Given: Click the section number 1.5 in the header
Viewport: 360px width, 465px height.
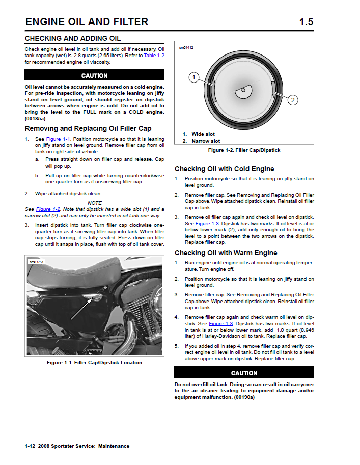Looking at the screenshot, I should pos(306,22).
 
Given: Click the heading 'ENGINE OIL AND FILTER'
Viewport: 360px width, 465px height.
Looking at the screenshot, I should pos(87,22).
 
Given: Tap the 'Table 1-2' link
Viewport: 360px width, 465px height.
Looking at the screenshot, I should pos(154,55).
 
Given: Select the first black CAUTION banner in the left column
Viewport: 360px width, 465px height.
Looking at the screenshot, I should pos(95,75).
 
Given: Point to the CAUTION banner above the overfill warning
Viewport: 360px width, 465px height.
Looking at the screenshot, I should pos(244,373).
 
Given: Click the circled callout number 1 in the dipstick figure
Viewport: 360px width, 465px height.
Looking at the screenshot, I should pos(193,77).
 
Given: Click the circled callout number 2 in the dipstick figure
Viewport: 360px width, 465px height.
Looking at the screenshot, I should pos(293,100).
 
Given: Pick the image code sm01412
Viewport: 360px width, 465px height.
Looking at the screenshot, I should pos(186,48).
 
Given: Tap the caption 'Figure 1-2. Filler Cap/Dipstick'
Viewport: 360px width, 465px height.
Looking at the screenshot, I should pos(244,150).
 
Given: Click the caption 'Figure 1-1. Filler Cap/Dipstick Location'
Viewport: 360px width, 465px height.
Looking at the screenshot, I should pos(94,363).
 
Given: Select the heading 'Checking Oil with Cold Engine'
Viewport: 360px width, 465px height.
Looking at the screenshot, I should pos(224,169).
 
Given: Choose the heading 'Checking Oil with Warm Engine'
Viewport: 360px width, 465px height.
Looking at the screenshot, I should pos(226,253).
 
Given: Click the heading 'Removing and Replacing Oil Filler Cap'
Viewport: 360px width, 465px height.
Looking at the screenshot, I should pos(88,129).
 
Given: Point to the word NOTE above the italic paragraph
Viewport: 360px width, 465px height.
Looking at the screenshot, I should pos(95,203).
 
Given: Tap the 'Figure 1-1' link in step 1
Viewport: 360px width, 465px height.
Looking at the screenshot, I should pos(58,139).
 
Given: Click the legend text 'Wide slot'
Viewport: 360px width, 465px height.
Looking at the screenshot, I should pos(203,134).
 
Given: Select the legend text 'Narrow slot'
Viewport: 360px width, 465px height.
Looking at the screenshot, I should pos(206,141).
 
